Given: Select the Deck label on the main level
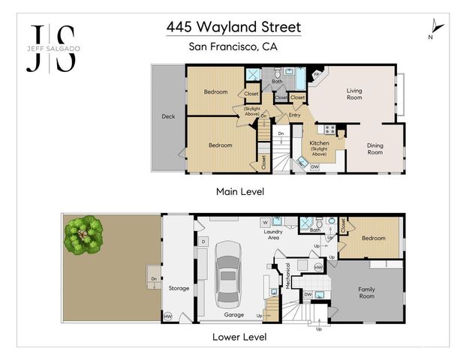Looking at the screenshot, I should click(168, 117).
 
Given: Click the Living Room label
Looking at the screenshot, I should click(353, 94).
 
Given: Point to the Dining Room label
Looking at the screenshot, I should click(374, 149).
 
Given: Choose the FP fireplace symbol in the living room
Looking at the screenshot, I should click(317, 76).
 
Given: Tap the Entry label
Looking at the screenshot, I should click(295, 115).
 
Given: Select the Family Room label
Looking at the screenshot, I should click(366, 293).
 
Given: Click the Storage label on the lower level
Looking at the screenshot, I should click(179, 287).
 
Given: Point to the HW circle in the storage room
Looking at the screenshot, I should click(167, 316).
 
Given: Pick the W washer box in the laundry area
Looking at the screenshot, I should click(265, 223).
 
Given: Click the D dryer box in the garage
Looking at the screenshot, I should click(204, 241).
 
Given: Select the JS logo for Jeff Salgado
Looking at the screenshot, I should click(52, 47).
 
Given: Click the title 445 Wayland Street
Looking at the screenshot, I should click(233, 28).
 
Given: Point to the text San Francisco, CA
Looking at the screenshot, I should click(233, 46).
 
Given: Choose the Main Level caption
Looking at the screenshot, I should click(239, 192).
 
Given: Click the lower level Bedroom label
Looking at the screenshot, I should click(373, 238).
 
